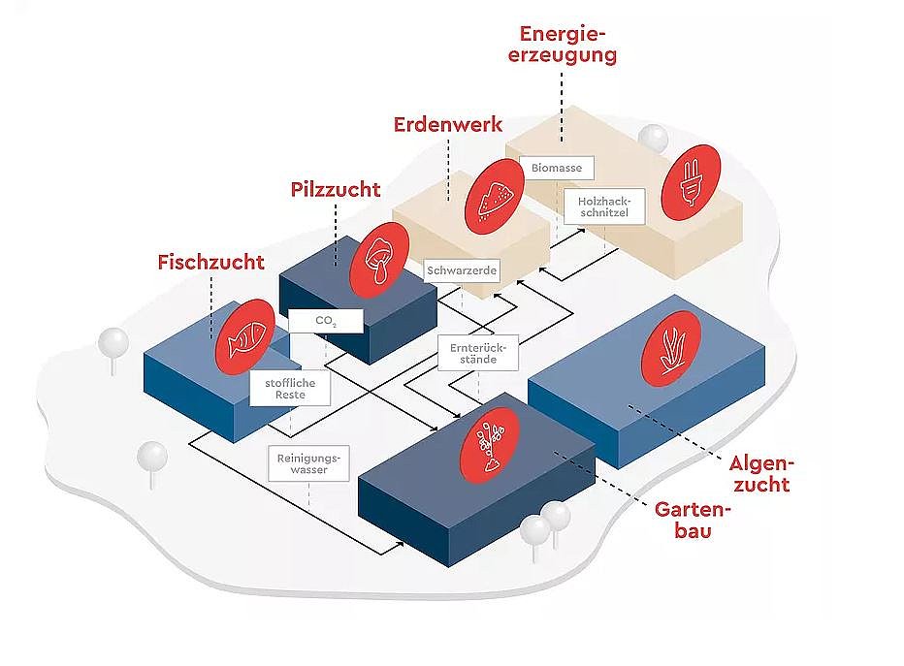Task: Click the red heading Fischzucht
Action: click(x=211, y=262)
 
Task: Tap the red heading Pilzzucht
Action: click(x=336, y=190)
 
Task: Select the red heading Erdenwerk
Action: click(x=448, y=124)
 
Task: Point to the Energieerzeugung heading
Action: click(x=563, y=45)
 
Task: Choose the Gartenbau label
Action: click(x=693, y=520)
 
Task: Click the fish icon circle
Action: click(x=245, y=336)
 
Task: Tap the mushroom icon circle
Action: click(x=379, y=259)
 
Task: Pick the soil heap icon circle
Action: click(x=494, y=197)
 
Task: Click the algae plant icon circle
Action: click(x=671, y=349)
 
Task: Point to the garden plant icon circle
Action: click(x=490, y=445)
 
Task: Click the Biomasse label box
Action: click(x=557, y=168)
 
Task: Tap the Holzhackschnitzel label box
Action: click(x=603, y=206)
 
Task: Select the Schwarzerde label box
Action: click(x=462, y=270)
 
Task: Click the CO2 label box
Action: click(x=326, y=321)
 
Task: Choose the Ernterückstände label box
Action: click(x=478, y=353)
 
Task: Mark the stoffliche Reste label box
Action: click(x=290, y=389)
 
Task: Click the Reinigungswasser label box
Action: click(x=308, y=463)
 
